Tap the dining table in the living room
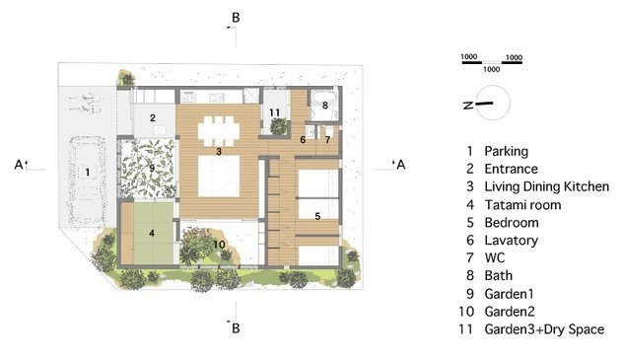pos(219,130)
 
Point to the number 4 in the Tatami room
pos(152,233)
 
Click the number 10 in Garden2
pos(219,245)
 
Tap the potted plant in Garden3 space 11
pos(279,127)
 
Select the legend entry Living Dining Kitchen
pos(547,186)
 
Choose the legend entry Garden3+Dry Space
pos(544,329)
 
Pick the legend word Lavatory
pos(512,241)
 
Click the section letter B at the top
pos(236,18)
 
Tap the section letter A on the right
pos(401,165)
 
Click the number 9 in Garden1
pos(152,168)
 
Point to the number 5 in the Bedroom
pos(317,217)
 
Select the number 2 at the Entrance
pos(153,118)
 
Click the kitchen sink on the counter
pos(217,97)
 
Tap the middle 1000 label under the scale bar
pos(492,69)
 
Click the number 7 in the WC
pos(327,140)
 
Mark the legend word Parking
pos(507,151)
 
